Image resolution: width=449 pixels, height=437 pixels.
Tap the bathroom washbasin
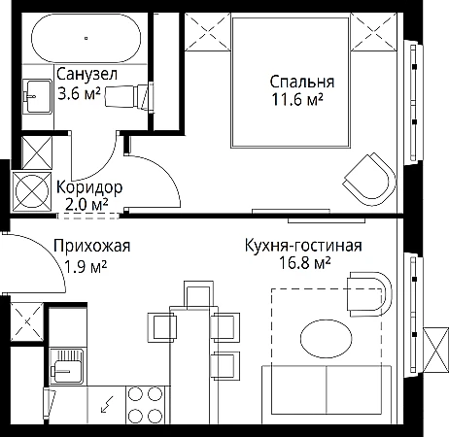[38, 96]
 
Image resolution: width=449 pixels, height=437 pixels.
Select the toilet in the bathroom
[129, 96]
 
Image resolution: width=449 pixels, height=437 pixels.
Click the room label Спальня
[302, 82]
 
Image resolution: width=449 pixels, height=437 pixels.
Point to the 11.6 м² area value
[297, 99]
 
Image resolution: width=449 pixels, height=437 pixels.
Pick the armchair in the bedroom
[370, 180]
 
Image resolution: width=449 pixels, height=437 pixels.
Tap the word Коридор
[89, 188]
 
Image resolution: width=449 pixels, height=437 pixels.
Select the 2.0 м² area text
[86, 205]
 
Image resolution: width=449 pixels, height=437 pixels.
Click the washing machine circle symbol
[31, 191]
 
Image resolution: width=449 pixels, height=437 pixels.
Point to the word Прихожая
[92, 246]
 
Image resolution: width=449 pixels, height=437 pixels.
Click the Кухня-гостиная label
[303, 246]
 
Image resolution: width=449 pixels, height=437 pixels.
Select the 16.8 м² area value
[304, 263]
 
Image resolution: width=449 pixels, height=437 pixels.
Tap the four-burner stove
[146, 404]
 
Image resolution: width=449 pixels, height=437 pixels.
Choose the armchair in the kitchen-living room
[370, 294]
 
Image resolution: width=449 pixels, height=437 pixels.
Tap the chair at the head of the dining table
[198, 294]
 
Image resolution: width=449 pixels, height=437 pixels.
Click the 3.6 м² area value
[79, 93]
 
